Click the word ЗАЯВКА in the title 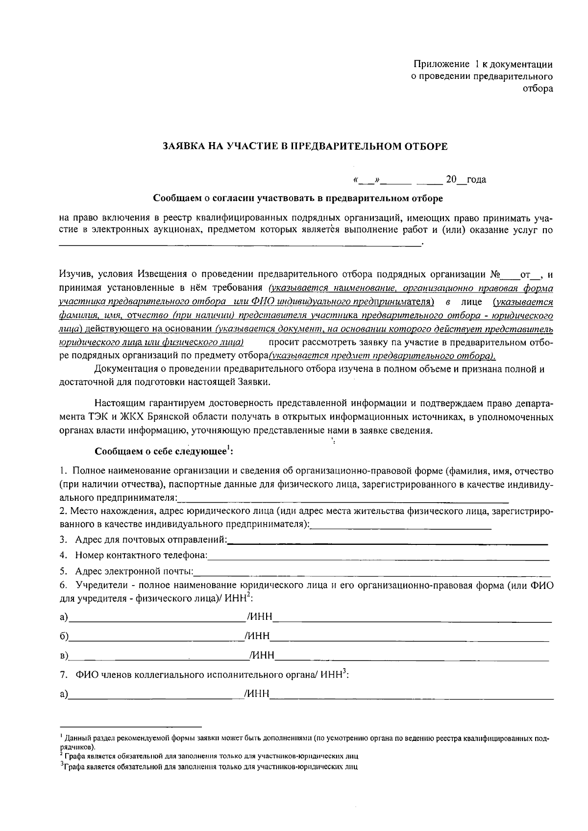[x=180, y=147]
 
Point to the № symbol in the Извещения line [x=494, y=273]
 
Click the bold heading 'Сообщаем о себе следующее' [x=160, y=451]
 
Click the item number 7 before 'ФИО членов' [x=63, y=675]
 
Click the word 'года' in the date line [x=476, y=180]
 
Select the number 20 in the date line [x=451, y=180]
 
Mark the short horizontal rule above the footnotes [x=130, y=726]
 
